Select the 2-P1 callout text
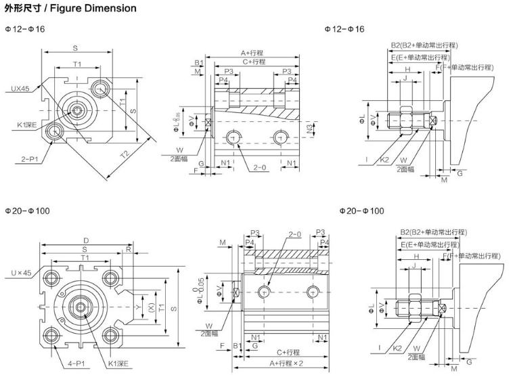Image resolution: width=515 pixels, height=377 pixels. click(x=30, y=159)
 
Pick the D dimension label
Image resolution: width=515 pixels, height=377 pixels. click(x=87, y=240)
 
